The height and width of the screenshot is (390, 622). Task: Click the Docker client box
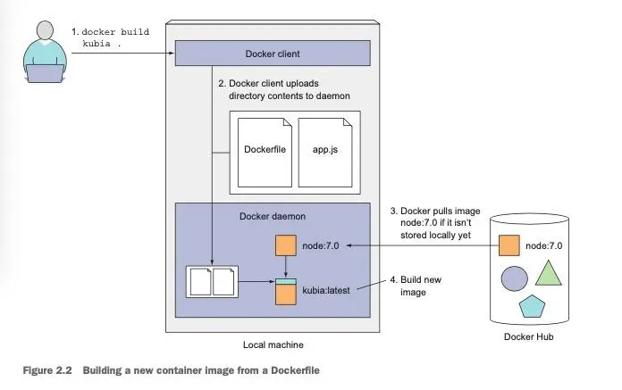(273, 53)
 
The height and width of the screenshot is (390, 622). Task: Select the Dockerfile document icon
(265, 153)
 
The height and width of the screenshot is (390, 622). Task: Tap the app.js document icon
(325, 153)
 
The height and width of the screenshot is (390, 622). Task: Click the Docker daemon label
(273, 216)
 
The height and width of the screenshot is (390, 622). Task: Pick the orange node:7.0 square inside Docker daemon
(286, 245)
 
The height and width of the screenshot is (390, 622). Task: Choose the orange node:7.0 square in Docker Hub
(509, 245)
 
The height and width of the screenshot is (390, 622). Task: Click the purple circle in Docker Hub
(515, 278)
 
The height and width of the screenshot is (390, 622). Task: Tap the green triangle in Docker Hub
(548, 273)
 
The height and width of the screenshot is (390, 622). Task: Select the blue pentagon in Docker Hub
(532, 306)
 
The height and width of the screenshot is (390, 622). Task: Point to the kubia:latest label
(326, 290)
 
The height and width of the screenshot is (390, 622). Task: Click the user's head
(45, 30)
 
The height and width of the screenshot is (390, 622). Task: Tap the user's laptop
(45, 73)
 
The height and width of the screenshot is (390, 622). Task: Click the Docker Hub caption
(528, 336)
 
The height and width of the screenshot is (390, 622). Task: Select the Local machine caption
(273, 344)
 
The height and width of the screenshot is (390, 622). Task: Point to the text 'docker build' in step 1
(115, 31)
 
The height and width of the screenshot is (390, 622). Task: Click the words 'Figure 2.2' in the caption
(47, 370)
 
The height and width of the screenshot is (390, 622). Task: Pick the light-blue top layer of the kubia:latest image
(286, 281)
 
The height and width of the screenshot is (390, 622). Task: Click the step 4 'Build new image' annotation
(416, 286)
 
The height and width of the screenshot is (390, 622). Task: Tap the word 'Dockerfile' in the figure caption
(295, 370)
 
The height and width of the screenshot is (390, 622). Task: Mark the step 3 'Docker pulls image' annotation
(435, 223)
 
